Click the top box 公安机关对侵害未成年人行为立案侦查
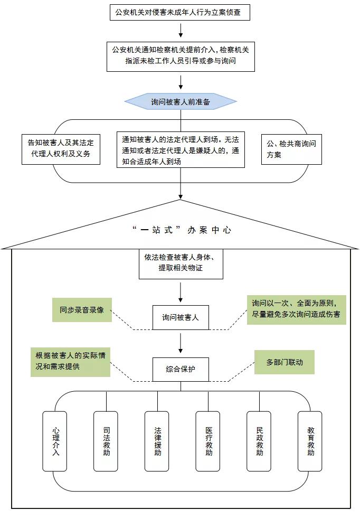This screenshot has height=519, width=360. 179,13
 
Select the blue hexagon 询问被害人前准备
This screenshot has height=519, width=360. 181,101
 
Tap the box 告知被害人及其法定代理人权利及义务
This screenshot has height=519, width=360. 61,149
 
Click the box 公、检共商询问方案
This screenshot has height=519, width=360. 291,149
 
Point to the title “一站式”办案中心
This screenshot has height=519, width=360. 182,230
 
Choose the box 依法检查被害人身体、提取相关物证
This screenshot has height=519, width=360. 181,264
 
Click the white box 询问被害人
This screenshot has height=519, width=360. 181,317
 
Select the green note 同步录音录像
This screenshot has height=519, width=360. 82,310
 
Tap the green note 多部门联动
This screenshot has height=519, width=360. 285,362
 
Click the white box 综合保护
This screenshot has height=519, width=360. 181,370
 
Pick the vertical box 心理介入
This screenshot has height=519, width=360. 54,441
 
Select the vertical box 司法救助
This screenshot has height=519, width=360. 106,441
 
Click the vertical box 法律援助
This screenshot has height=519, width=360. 157,441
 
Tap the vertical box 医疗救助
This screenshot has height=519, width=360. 208,441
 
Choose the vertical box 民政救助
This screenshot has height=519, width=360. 259,441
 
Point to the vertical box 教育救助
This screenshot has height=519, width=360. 310,441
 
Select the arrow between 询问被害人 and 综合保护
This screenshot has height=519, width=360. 181,343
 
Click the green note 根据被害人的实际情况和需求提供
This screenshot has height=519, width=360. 71,362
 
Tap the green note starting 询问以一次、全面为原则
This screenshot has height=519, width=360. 297,310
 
